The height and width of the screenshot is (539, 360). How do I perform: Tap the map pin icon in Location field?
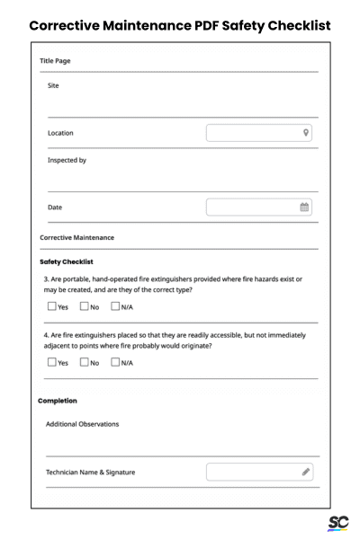point(306,133)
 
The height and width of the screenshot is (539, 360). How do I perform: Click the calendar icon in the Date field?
point(305,208)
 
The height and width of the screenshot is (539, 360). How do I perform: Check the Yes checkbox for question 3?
point(50,307)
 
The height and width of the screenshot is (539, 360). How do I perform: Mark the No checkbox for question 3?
point(84,307)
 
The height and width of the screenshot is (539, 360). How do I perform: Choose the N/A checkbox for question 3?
point(115,307)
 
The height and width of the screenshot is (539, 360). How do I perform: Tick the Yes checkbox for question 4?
point(50,363)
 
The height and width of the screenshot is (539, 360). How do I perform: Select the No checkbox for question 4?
point(84,363)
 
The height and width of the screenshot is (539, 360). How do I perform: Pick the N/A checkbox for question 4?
point(115,363)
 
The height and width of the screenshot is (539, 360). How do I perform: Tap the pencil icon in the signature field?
point(306,472)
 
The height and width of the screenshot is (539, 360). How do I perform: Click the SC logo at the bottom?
point(338,523)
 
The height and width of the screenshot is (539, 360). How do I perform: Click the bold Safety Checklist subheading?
point(68,261)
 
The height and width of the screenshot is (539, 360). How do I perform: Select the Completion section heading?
point(58,400)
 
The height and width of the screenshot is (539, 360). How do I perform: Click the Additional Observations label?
point(82,423)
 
